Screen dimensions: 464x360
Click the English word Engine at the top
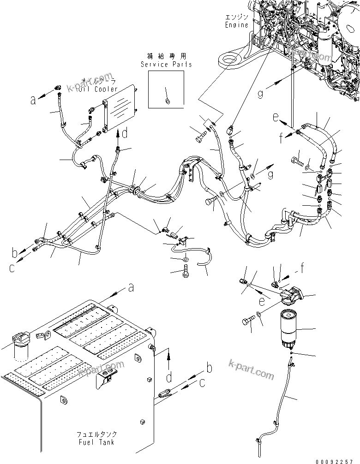click(236, 25)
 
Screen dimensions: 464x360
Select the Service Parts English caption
click(167, 65)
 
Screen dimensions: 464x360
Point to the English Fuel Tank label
click(96, 442)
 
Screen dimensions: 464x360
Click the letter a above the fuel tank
click(131, 288)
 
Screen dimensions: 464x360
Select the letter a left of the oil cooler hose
click(33, 99)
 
